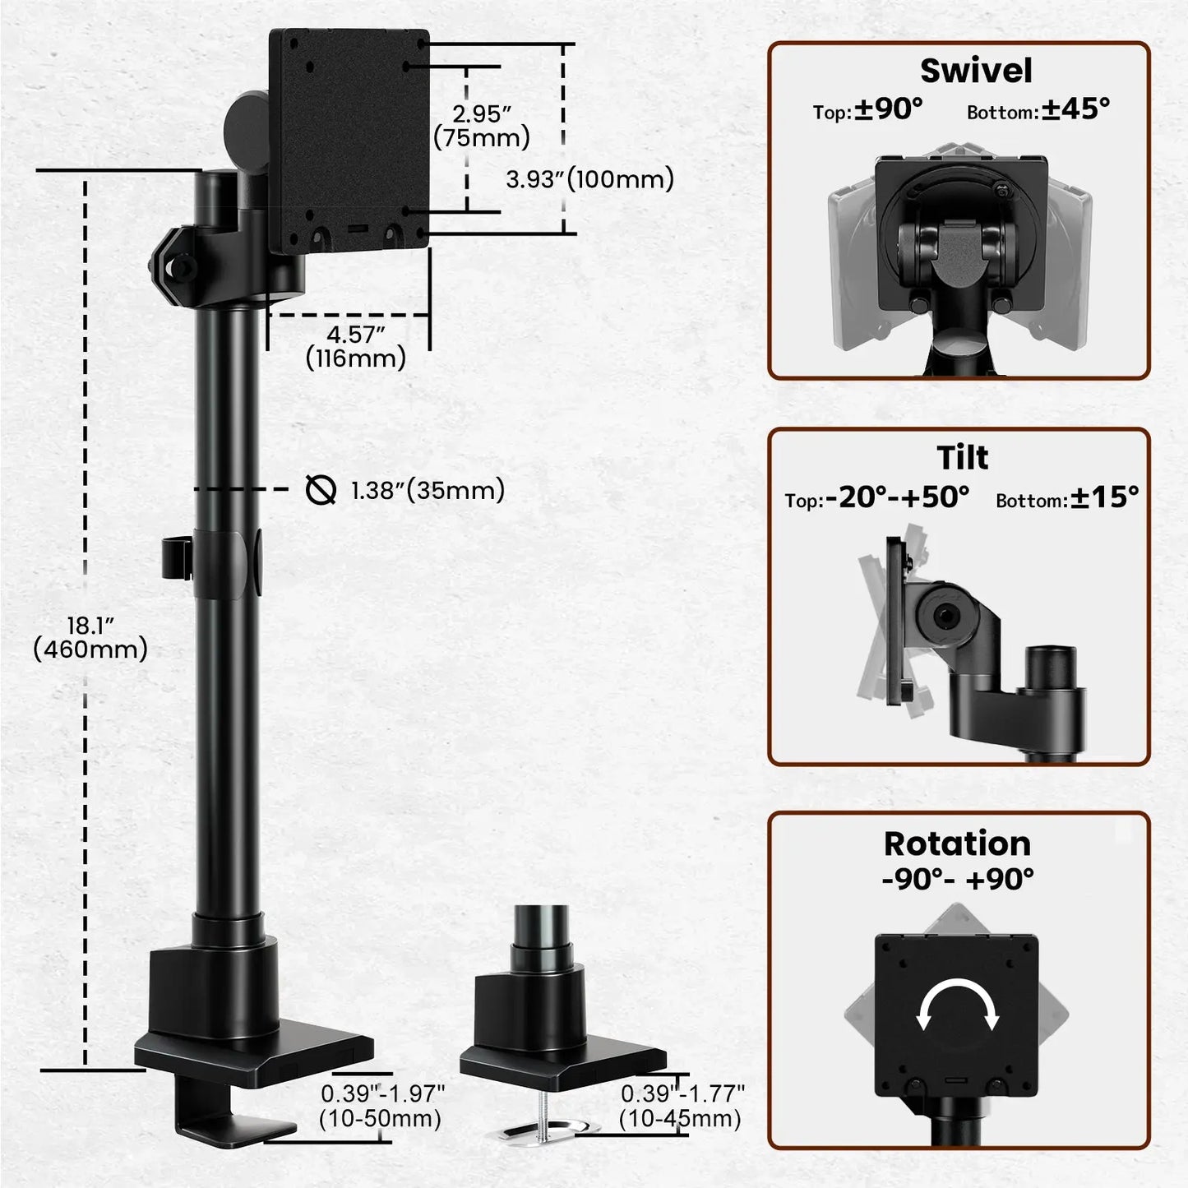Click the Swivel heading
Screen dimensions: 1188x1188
coord(975,71)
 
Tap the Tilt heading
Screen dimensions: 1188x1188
coord(962,458)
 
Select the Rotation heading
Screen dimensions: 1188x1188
coord(957,844)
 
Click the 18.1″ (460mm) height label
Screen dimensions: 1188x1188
coord(90,637)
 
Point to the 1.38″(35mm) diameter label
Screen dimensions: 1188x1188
coord(428,491)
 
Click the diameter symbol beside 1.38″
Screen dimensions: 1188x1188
coord(321,490)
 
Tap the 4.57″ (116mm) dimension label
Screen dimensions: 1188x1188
coord(356,347)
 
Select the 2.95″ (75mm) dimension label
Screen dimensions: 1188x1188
coord(482,126)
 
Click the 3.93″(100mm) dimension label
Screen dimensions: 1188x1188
coord(589,179)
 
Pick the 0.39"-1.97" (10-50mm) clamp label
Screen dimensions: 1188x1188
coord(382,1106)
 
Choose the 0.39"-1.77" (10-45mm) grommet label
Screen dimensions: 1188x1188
coord(682,1106)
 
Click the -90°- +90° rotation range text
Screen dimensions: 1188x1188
coord(958,879)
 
